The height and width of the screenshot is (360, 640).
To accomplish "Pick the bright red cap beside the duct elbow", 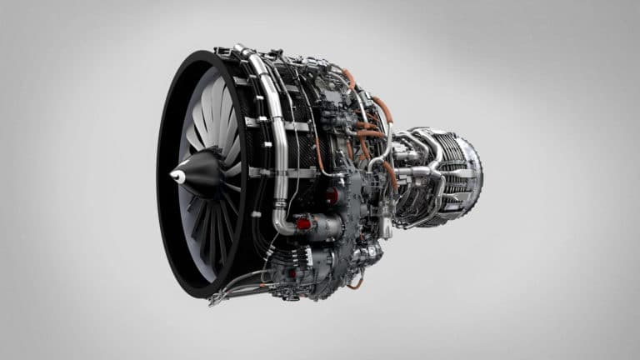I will coord(304,223).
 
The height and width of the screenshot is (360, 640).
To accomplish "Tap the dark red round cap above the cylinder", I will coord(332,197).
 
